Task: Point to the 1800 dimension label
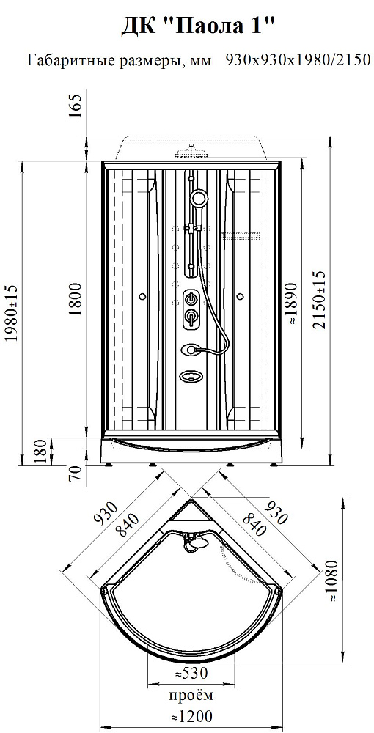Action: pyautogui.click(x=76, y=299)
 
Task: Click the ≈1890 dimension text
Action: pyautogui.click(x=292, y=303)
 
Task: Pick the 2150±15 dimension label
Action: pyautogui.click(x=321, y=300)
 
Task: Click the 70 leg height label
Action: pyautogui.click(x=76, y=474)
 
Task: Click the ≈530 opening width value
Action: pyautogui.click(x=191, y=674)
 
